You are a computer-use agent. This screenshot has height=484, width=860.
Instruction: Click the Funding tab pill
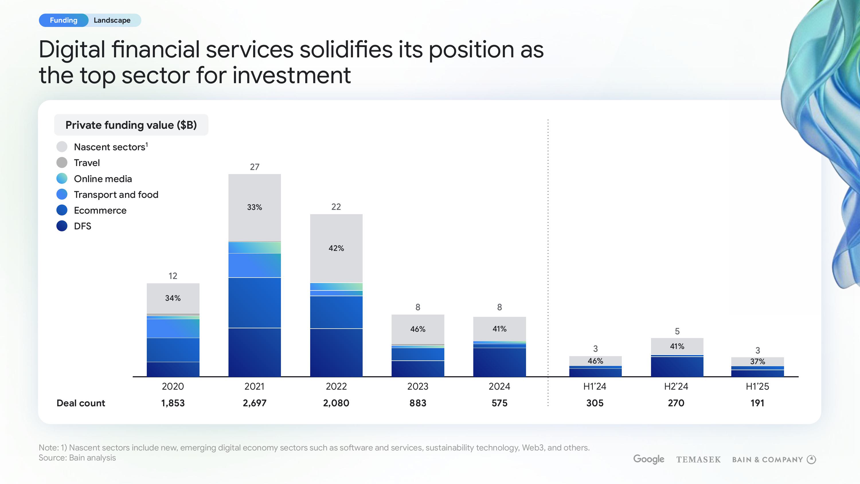tap(63, 20)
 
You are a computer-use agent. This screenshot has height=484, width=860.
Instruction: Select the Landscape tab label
tap(112, 20)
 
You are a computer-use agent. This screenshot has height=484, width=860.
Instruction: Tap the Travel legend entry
tap(87, 163)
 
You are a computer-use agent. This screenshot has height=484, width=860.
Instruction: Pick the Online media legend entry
tap(103, 179)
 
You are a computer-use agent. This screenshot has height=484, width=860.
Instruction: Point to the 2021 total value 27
tap(254, 167)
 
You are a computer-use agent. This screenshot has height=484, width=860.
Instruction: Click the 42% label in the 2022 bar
tap(336, 248)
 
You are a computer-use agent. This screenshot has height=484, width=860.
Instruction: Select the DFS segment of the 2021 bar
tap(254, 352)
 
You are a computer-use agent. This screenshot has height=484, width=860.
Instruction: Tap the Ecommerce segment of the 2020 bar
tap(173, 350)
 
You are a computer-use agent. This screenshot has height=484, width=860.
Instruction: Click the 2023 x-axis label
tap(418, 387)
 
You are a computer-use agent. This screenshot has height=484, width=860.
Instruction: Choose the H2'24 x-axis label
tap(676, 387)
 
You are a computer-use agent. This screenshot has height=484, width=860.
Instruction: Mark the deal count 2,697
tap(254, 403)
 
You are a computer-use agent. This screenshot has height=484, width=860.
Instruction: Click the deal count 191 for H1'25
tap(757, 403)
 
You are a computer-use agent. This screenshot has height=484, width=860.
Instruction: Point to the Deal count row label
tap(81, 403)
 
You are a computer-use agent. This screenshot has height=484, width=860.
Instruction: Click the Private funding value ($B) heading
tap(131, 125)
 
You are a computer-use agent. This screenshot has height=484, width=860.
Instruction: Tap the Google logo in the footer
tap(649, 459)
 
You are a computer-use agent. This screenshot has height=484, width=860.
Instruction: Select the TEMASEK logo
tap(698, 460)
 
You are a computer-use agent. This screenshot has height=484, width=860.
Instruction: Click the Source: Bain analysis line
tap(77, 458)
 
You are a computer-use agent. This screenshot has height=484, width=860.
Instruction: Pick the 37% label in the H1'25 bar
tap(757, 361)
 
